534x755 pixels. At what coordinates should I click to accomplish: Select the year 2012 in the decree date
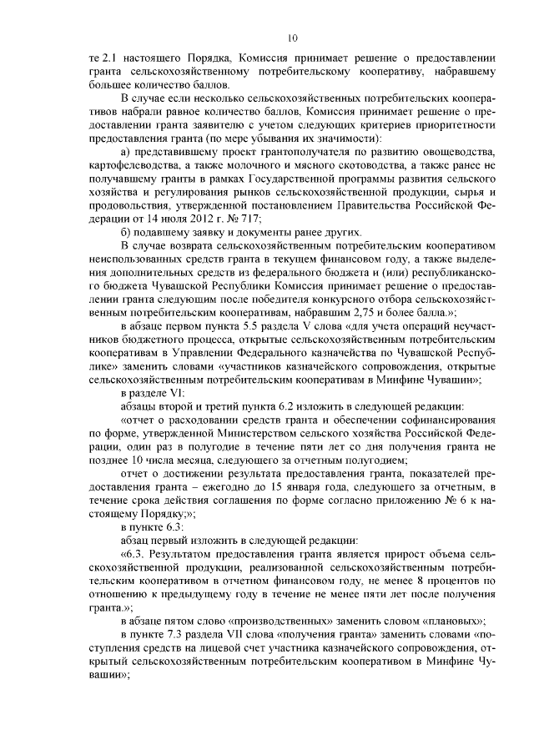click(x=189, y=217)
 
